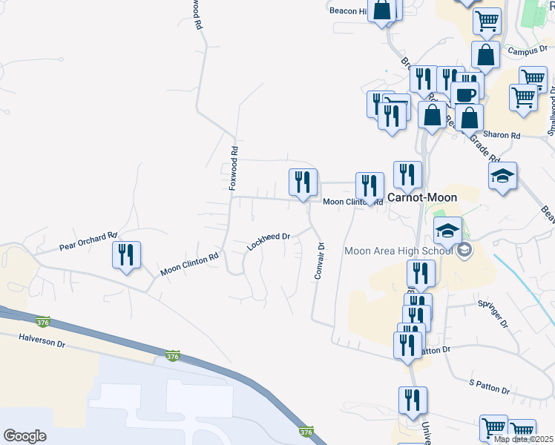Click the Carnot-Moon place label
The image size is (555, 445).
[x=422, y=197]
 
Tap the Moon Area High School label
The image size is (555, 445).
[x=398, y=251]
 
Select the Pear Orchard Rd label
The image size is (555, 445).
[x=88, y=241]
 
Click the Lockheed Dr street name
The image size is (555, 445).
[x=268, y=241]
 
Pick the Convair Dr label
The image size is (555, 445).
[x=320, y=260]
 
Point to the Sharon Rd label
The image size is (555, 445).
[x=502, y=136]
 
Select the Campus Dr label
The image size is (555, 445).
[x=527, y=51]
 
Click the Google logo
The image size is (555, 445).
[x=25, y=435]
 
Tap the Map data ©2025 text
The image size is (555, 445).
[x=524, y=439]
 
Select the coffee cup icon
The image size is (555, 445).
[x=464, y=94]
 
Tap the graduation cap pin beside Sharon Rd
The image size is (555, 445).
[x=502, y=177]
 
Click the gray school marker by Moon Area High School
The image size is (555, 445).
[x=464, y=250]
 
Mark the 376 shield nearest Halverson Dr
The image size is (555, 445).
[x=43, y=321]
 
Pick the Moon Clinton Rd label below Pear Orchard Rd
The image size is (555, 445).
[x=190, y=264]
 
